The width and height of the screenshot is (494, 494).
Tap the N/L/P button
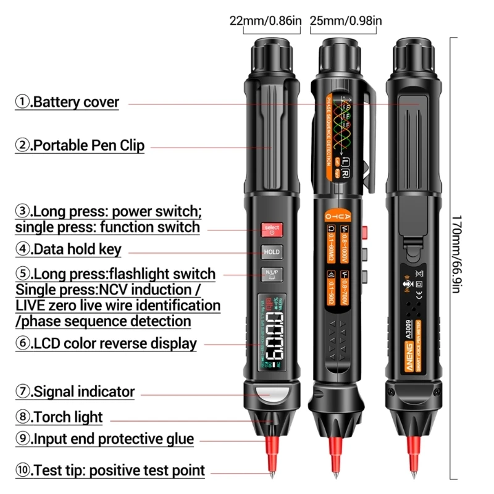tap(272, 274)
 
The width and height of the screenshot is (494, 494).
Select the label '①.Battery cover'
tap(67, 102)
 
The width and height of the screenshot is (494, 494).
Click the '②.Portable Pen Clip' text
tap(80, 146)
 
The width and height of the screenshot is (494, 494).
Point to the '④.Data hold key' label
tap(69, 249)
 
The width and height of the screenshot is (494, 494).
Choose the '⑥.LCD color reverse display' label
tap(106, 343)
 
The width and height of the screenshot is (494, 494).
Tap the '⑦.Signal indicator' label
tap(75, 391)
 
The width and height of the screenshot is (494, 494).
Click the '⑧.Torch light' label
tap(59, 417)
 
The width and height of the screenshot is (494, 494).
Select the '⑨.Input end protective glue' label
tap(104, 439)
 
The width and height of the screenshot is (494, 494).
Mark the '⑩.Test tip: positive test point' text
tap(110, 471)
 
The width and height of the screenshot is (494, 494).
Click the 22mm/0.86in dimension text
tap(266, 21)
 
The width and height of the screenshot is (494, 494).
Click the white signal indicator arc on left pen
tap(272, 392)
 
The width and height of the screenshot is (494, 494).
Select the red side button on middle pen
tap(366, 232)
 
